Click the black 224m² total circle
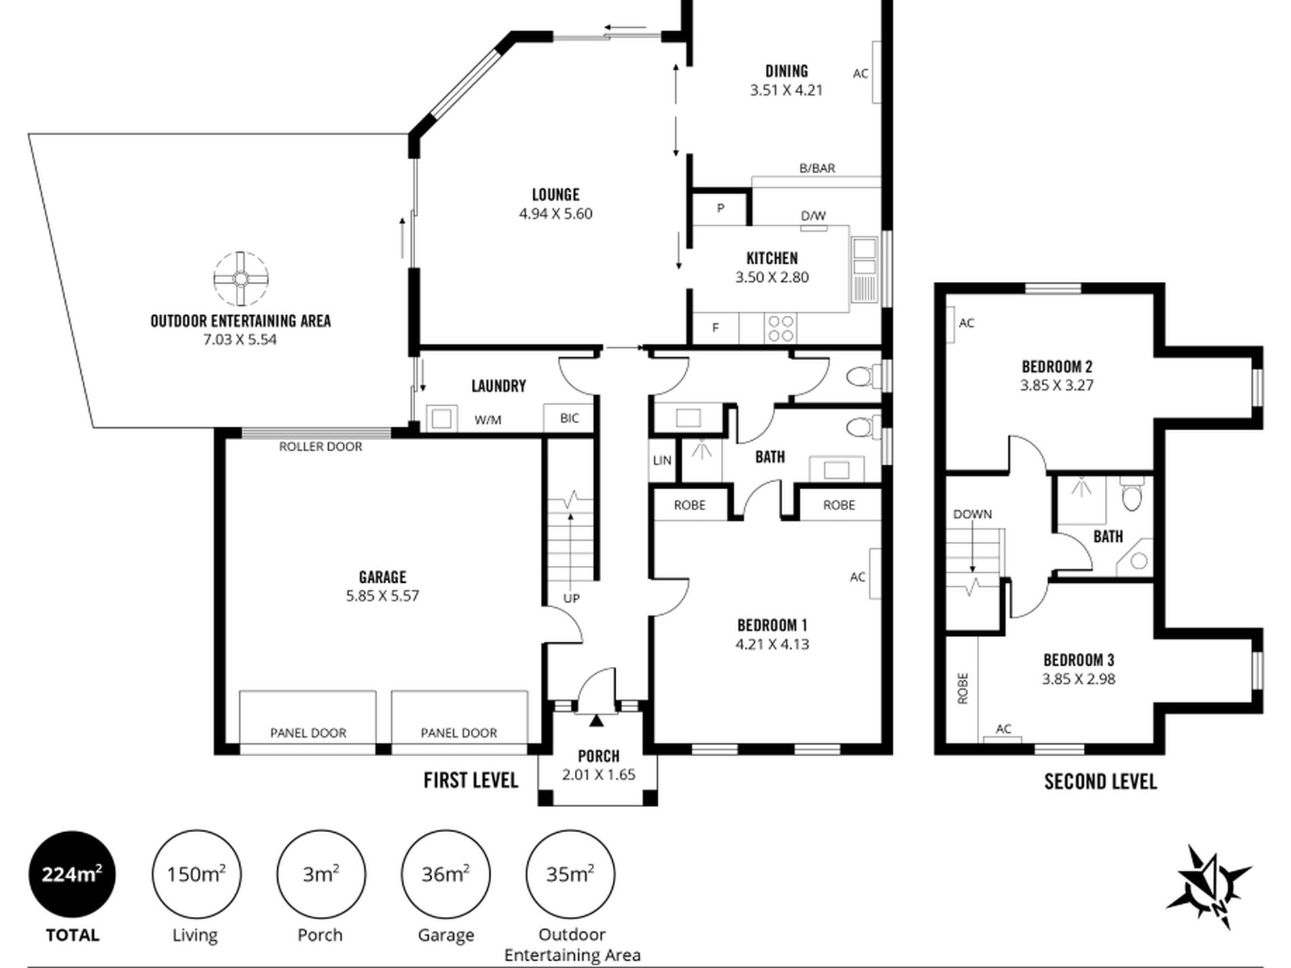(x=72, y=874)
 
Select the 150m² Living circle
(x=196, y=874)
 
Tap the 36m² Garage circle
(x=446, y=874)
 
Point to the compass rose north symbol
(x=1209, y=887)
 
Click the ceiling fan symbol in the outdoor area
(x=241, y=279)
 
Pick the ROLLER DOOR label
(x=321, y=446)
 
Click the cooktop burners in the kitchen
(x=781, y=328)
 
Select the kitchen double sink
(x=865, y=269)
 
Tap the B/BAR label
(x=817, y=168)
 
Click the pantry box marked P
(x=720, y=208)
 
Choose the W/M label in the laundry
(x=488, y=420)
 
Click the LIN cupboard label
(x=662, y=460)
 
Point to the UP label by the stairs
(x=571, y=598)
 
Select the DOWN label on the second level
(x=972, y=514)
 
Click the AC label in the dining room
(x=860, y=73)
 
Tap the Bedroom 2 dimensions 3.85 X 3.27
(x=1057, y=385)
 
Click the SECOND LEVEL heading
(x=1101, y=781)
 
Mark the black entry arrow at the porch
(x=596, y=721)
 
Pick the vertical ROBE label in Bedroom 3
(x=962, y=688)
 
